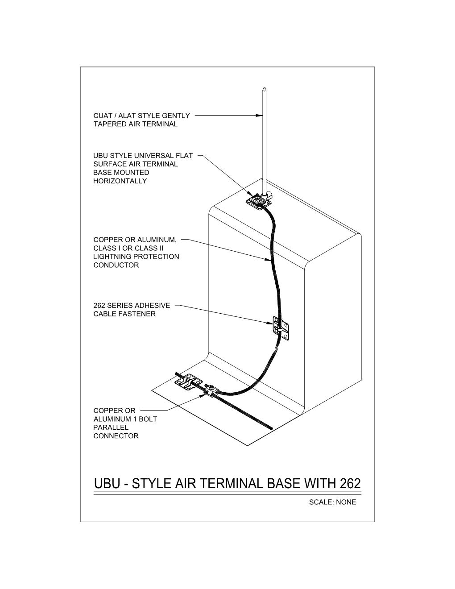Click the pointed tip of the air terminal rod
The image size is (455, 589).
(x=264, y=87)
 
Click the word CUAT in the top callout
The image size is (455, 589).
(x=103, y=116)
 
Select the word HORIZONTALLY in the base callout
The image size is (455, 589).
(x=120, y=181)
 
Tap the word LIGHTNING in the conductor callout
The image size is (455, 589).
(x=115, y=257)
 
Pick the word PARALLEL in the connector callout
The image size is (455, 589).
(x=111, y=427)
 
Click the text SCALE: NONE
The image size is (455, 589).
(x=332, y=502)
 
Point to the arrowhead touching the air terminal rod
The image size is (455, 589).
(x=259, y=116)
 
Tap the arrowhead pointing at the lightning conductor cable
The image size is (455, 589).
(x=268, y=260)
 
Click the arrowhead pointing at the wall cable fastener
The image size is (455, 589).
(x=269, y=323)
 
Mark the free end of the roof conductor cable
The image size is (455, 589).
(x=271, y=428)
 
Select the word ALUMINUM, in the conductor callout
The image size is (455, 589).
(x=157, y=240)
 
